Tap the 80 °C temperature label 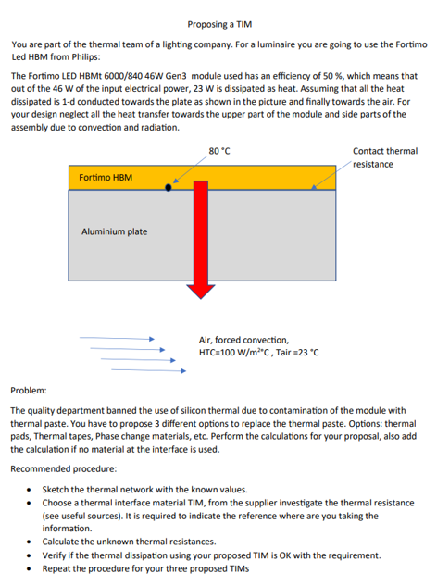pyautogui.click(x=219, y=150)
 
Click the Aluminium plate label pyautogui.click(x=114, y=231)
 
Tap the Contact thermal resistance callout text pyautogui.click(x=384, y=156)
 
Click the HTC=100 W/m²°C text pyautogui.click(x=258, y=352)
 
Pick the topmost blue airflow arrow pyautogui.click(x=115, y=339)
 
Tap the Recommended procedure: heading pyautogui.click(x=62, y=468)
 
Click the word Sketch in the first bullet pyautogui.click(x=56, y=488)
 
